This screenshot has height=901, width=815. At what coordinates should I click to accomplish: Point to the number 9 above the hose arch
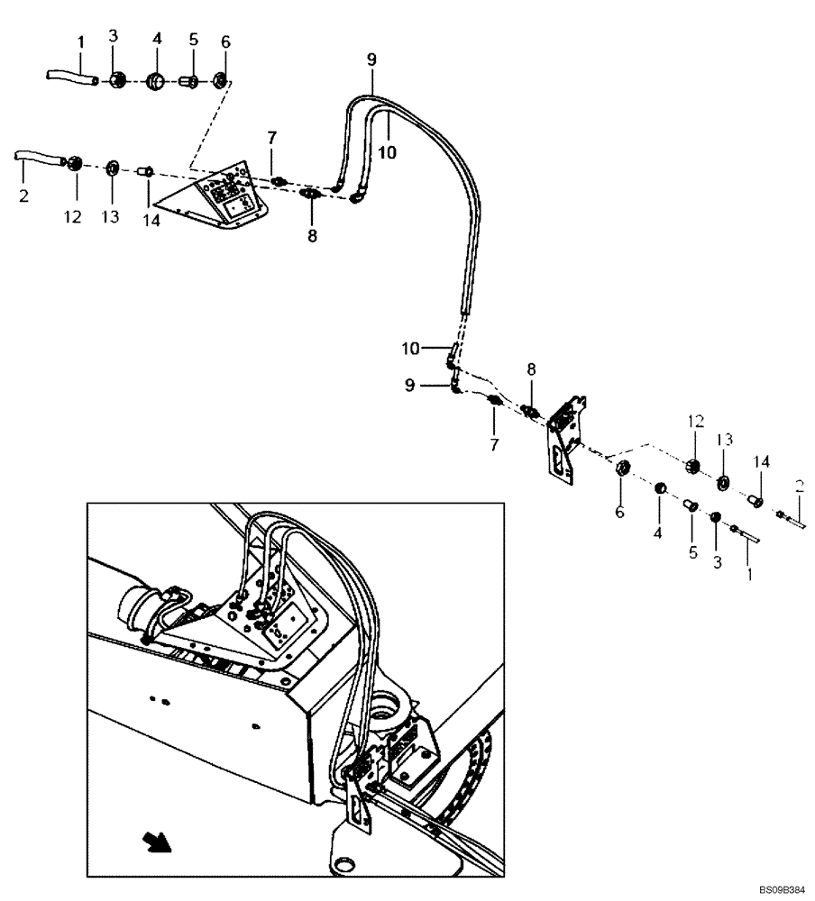pos(371,59)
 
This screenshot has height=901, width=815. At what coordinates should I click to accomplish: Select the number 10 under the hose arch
pos(386,153)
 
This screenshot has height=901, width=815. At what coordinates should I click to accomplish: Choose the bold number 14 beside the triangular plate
pos(151,221)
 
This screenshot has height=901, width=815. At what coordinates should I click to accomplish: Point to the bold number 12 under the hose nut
pos(73,217)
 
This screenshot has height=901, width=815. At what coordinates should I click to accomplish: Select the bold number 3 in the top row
pos(114,35)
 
